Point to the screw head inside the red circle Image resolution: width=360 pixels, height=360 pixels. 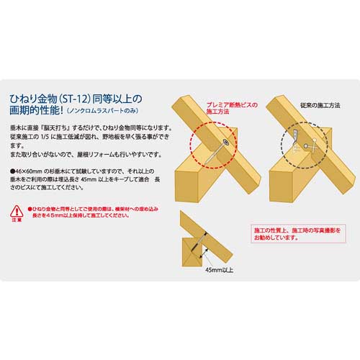point(225,144)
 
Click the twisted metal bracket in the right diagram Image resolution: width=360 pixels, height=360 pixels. point(296,136)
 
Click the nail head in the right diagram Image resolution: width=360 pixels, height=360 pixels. point(307,146)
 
